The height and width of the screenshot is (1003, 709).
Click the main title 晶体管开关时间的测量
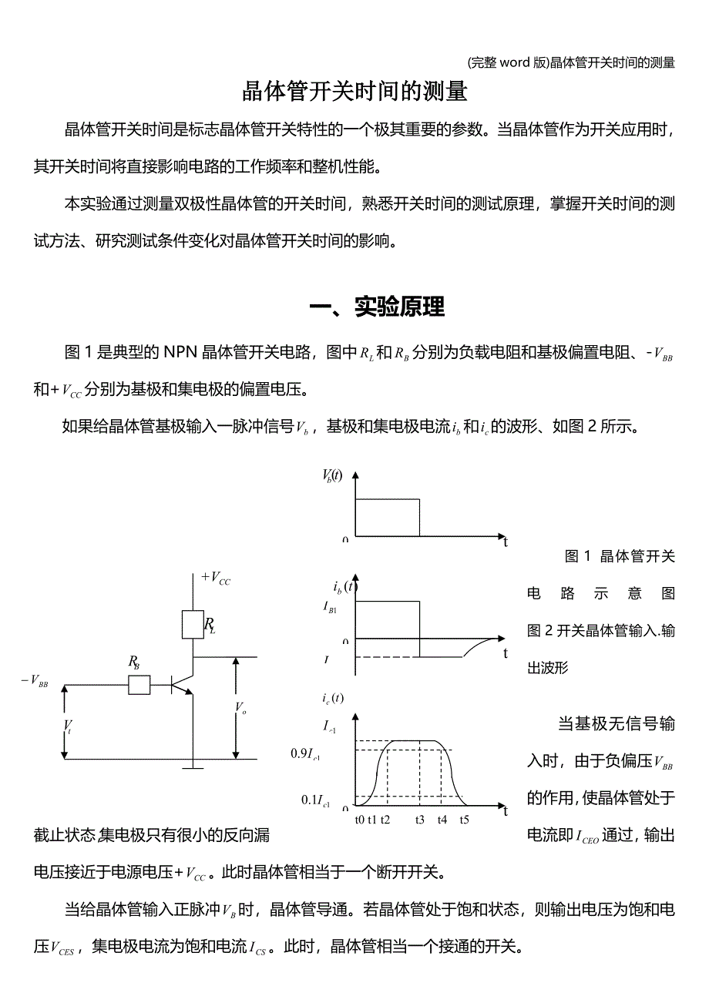click(x=354, y=92)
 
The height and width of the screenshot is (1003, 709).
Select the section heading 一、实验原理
click(x=376, y=307)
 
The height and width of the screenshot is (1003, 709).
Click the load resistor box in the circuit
click(x=193, y=624)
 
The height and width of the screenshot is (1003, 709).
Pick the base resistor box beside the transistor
click(x=139, y=684)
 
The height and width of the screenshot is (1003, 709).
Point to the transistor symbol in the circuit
click(x=180, y=684)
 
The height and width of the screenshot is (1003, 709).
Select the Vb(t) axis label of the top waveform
click(x=332, y=476)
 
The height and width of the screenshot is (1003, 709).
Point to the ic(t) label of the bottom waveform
click(x=333, y=699)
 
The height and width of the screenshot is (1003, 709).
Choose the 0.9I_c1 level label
click(x=306, y=754)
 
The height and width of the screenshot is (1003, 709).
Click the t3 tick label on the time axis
click(x=419, y=820)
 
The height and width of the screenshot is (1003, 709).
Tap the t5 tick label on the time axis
click(x=464, y=820)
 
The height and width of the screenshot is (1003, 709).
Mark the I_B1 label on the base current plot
click(x=330, y=607)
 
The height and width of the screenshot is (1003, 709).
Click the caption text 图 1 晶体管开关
click(x=620, y=556)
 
